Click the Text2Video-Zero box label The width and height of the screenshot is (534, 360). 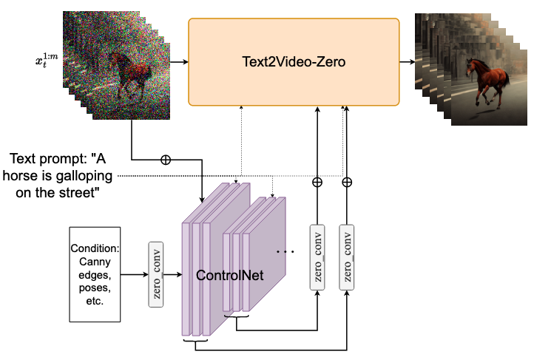tap(294, 63)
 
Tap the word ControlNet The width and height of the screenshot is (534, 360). tap(229, 275)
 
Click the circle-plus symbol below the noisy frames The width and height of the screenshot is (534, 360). tap(165, 159)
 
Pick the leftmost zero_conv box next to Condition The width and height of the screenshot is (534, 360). tap(156, 274)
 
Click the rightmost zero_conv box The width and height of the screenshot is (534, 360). tap(346, 259)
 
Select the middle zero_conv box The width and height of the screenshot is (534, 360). tap(317, 259)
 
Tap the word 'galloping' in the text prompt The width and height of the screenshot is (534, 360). tap(82, 176)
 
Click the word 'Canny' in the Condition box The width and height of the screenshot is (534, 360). tap(94, 260)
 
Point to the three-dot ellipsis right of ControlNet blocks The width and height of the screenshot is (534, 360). tap(285, 252)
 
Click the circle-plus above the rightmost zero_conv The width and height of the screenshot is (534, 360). tap(346, 182)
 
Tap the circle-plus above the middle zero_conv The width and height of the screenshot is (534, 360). tap(317, 182)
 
